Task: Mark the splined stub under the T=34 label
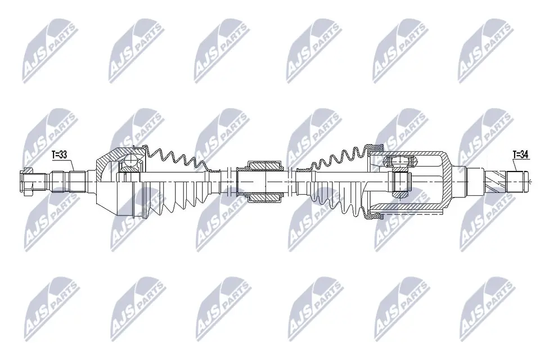tap(517, 182)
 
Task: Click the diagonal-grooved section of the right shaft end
tap(494, 182)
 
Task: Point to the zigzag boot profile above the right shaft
tap(337, 157)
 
